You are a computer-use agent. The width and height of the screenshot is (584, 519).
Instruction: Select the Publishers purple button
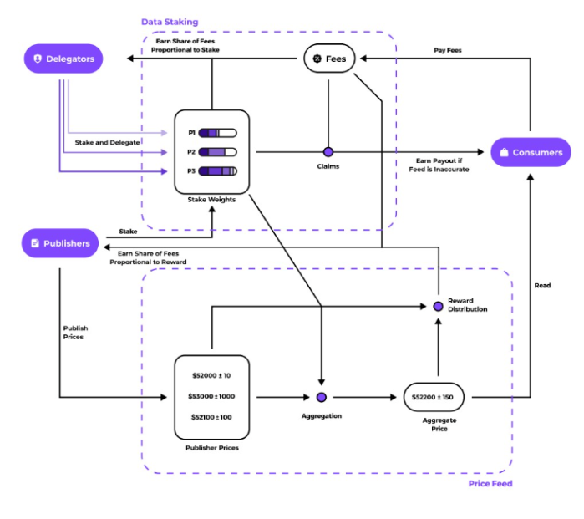click(60, 243)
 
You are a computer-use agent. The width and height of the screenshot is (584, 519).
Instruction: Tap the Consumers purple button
click(531, 152)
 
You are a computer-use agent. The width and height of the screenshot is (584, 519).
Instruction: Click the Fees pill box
click(328, 59)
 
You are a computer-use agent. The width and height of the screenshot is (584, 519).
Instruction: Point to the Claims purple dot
click(328, 152)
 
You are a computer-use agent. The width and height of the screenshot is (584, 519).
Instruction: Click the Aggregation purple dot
click(322, 397)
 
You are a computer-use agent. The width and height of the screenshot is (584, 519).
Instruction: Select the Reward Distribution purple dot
click(437, 306)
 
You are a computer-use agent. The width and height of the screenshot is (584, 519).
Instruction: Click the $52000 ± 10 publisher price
click(211, 375)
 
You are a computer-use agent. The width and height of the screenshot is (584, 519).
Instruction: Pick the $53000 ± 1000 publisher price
click(211, 396)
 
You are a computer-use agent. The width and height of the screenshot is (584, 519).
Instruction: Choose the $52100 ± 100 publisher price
click(211, 417)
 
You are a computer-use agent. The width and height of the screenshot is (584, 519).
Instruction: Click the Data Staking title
click(170, 22)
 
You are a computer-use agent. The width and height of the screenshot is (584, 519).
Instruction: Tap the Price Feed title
click(490, 484)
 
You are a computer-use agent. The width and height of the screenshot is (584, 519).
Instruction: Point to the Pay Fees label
click(447, 50)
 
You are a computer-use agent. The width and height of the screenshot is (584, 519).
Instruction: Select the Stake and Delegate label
click(107, 143)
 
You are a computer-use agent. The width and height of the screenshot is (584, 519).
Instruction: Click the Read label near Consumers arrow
click(542, 286)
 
